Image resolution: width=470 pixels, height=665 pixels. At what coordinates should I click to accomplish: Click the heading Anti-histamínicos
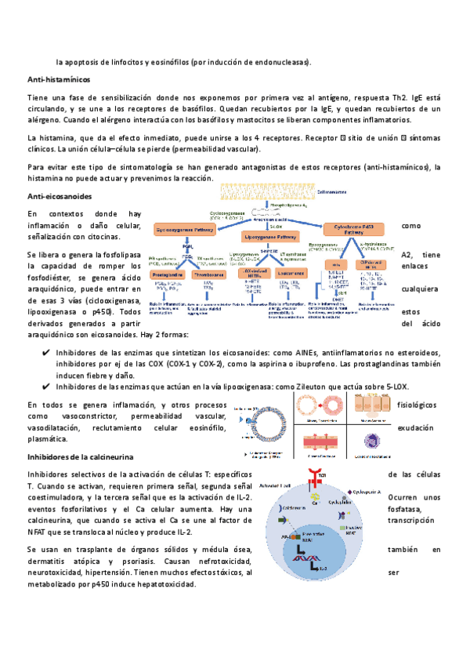[x=59, y=80]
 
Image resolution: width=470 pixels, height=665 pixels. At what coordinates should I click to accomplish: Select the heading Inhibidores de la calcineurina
[x=81, y=456]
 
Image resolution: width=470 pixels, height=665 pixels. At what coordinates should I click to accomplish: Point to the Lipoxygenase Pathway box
[x=271, y=235]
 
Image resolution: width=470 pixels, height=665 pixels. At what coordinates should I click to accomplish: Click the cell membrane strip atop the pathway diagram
[x=269, y=191]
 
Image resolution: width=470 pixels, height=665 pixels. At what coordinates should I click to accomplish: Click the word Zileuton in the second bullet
[x=312, y=386]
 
